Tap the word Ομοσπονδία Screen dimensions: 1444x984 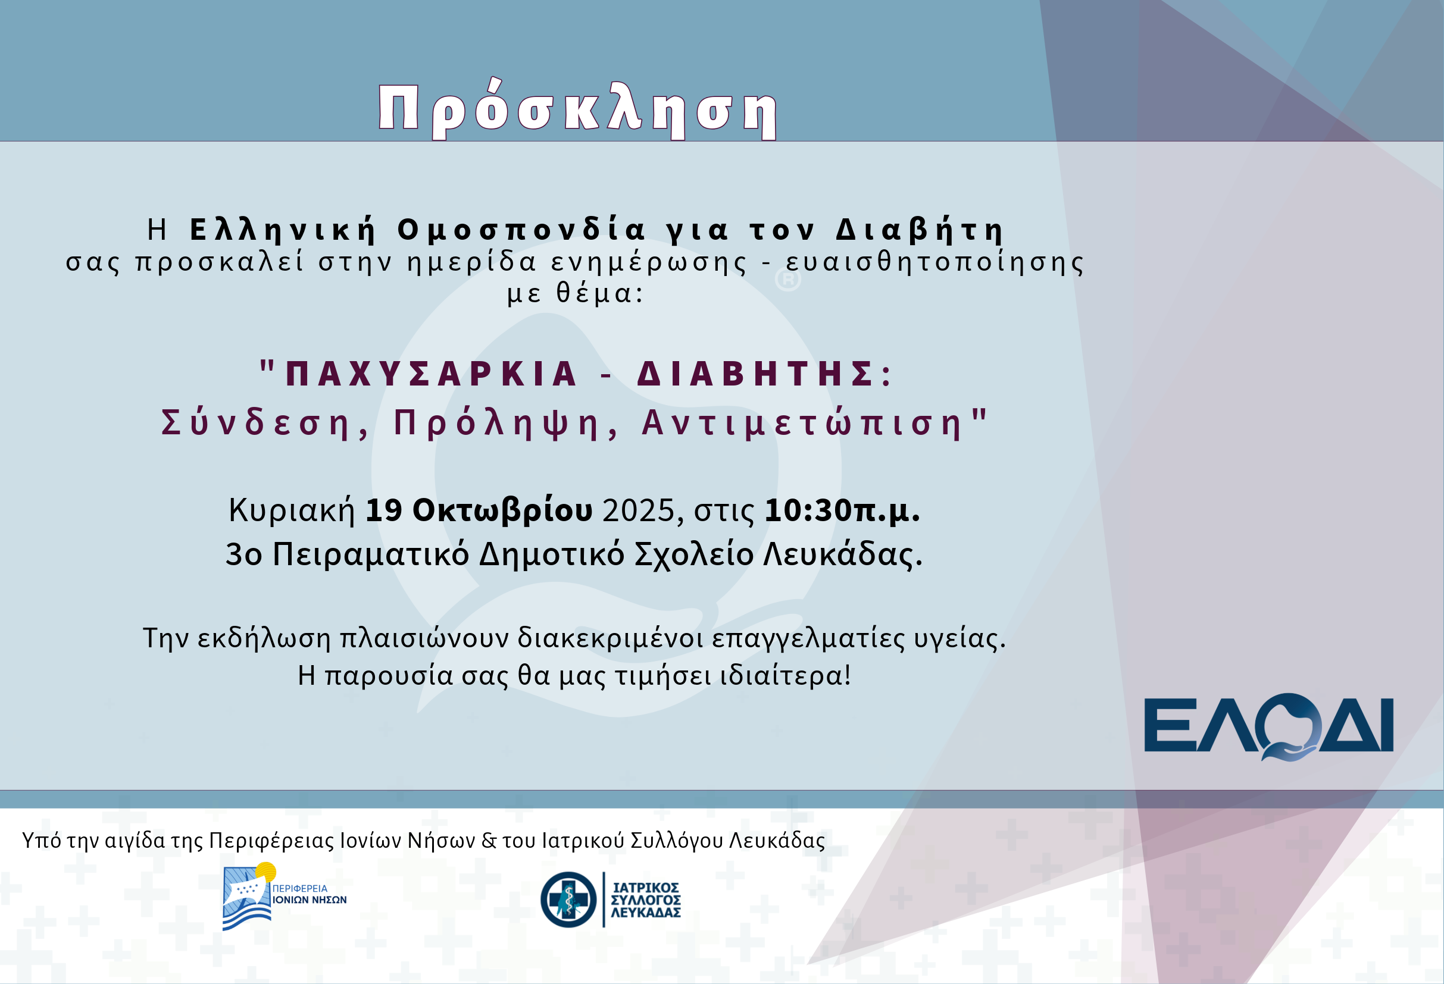pos(522,230)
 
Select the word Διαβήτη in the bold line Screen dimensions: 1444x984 pos(920,230)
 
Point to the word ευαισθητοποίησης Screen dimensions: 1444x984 pos(934,262)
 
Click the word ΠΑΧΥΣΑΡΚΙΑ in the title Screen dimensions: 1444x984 pos(431,374)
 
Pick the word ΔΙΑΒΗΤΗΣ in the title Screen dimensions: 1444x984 pos(755,374)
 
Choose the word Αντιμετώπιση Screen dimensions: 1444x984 pos(802,424)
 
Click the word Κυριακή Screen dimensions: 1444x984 pos(292,510)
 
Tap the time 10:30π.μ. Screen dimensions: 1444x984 pos(842,510)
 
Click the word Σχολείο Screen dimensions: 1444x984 pos(694,554)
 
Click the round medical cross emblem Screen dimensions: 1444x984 pos(568,900)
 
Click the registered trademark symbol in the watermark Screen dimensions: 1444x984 pos(788,280)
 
